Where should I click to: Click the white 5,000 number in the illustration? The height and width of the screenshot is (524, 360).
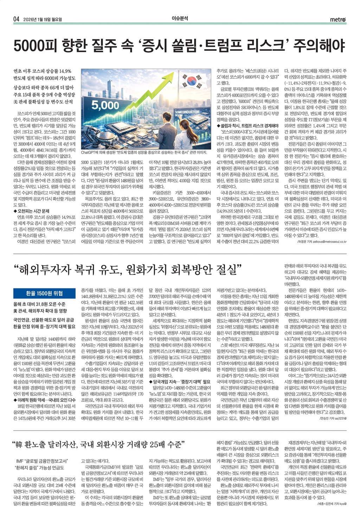[x=105, y=105]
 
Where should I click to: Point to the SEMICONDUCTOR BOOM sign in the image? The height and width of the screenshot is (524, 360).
[x=187, y=114]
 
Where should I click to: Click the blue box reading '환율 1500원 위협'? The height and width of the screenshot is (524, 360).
[x=44, y=293]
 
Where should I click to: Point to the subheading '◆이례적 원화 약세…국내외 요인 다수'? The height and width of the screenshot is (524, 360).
[x=44, y=400]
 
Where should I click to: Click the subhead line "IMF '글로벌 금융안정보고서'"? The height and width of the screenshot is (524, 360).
[x=41, y=461]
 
